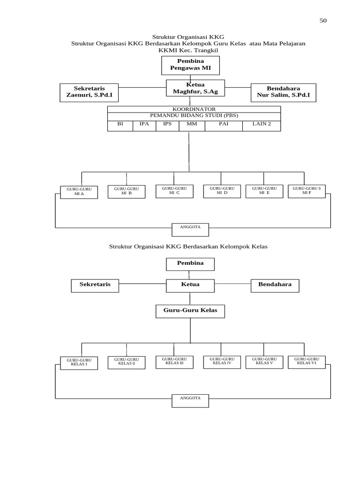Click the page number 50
(323, 20)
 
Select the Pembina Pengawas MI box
(190, 65)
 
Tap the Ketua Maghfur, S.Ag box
(195, 88)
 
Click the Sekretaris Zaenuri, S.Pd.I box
(89, 92)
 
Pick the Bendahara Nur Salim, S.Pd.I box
(283, 92)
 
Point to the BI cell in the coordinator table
(120, 124)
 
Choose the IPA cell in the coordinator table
(144, 124)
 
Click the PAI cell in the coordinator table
(223, 124)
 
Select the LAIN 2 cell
(261, 124)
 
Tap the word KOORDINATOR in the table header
(194, 109)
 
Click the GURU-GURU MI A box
(79, 192)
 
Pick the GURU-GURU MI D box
(222, 191)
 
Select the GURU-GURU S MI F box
(307, 191)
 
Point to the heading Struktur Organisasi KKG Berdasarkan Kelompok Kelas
(188, 246)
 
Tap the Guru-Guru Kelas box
(190, 311)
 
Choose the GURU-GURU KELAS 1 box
(79, 362)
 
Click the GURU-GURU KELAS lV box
(222, 361)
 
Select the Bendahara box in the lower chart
(275, 285)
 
